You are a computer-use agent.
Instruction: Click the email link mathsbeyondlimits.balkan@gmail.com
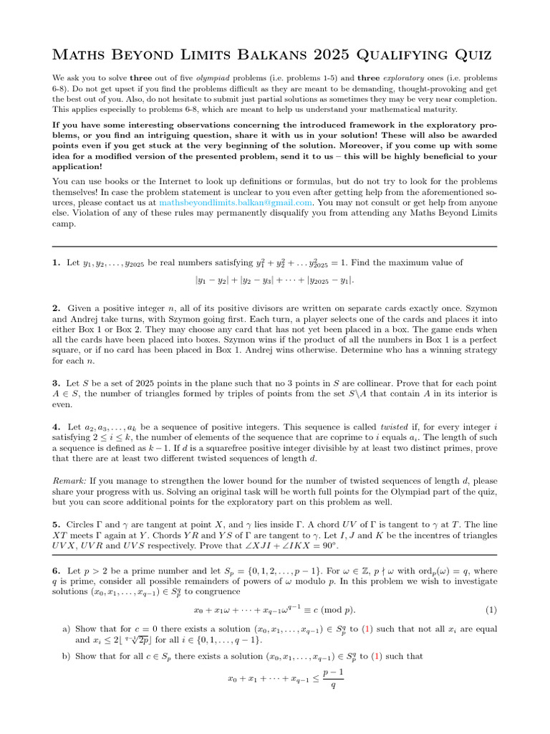click(x=236, y=203)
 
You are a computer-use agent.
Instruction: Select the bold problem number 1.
click(x=56, y=264)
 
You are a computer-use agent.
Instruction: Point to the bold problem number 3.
click(x=56, y=383)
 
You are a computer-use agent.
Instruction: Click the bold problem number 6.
click(x=56, y=564)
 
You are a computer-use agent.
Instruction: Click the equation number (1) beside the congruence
click(x=491, y=610)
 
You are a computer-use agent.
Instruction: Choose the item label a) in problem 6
click(x=67, y=629)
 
